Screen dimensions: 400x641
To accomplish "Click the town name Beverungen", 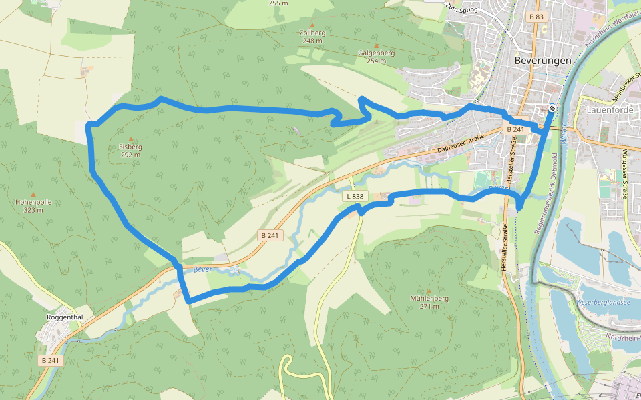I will [542, 60].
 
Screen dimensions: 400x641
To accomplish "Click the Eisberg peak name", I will [130, 147].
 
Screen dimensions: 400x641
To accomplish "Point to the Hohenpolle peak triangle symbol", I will [33, 193].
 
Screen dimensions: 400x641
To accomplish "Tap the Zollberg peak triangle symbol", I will [312, 25].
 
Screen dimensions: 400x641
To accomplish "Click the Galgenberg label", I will [376, 53].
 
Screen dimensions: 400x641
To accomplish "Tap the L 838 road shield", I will [355, 196].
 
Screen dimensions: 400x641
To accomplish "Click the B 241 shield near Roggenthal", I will [49, 360].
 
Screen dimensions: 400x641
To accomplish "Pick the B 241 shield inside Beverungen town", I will [515, 129].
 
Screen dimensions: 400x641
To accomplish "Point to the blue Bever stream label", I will [202, 269].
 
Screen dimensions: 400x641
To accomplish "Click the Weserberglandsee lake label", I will [603, 303].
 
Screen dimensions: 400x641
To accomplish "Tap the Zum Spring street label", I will [463, 8].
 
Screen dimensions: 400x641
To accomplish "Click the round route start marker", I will [552, 107].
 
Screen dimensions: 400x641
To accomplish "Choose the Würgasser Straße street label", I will [625, 173].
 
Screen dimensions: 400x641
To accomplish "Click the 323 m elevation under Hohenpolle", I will [33, 210].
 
